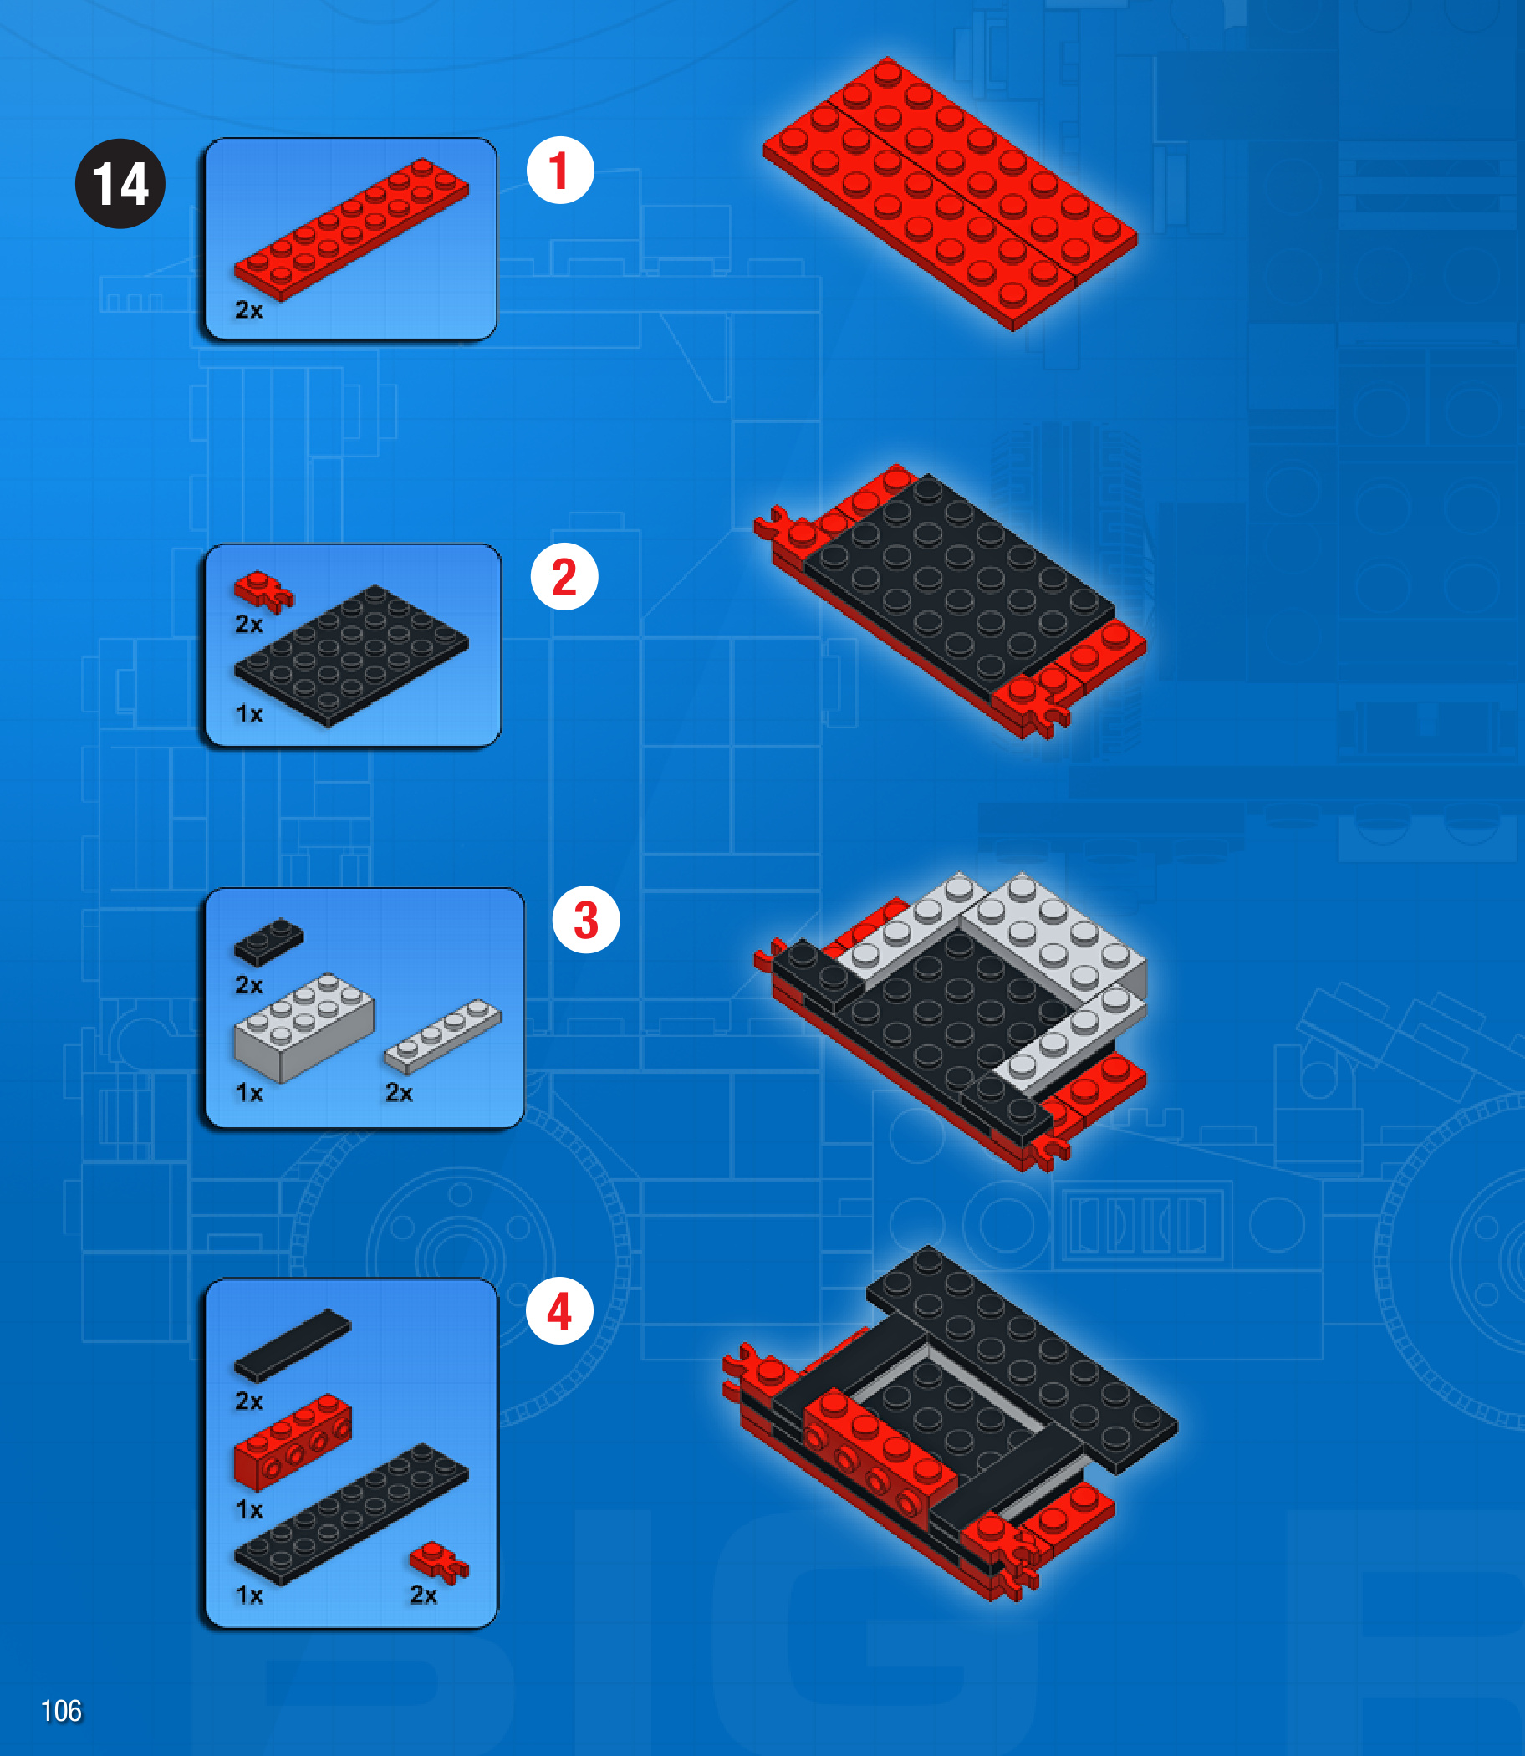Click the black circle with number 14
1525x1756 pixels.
120,183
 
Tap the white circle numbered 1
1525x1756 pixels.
560,170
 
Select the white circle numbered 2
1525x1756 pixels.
564,576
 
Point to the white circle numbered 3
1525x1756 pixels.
585,919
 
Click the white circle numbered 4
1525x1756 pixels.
559,1310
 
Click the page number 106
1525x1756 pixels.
61,1711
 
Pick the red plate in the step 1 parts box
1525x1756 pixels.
350,229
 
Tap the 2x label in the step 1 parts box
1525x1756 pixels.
249,310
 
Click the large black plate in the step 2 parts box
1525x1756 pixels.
350,656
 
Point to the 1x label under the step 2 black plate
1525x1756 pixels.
249,713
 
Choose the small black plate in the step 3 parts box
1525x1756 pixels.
268,942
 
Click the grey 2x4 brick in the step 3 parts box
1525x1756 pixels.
303,1028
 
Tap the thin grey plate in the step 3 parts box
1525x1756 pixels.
442,1035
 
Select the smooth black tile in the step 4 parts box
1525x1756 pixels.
292,1345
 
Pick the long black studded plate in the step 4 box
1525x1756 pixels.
350,1514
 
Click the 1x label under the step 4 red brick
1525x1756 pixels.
249,1509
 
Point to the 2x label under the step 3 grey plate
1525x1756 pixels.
399,1092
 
